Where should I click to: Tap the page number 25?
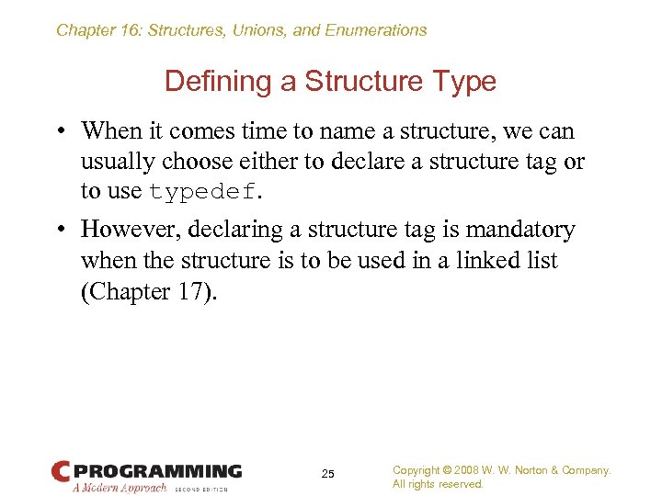pyautogui.click(x=328, y=474)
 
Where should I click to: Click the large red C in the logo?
pyautogui.click(x=62, y=471)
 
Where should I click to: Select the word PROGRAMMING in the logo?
pyautogui.click(x=157, y=471)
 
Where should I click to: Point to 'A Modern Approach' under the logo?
pyautogui.click(x=120, y=488)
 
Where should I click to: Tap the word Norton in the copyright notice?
pyautogui.click(x=542, y=470)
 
